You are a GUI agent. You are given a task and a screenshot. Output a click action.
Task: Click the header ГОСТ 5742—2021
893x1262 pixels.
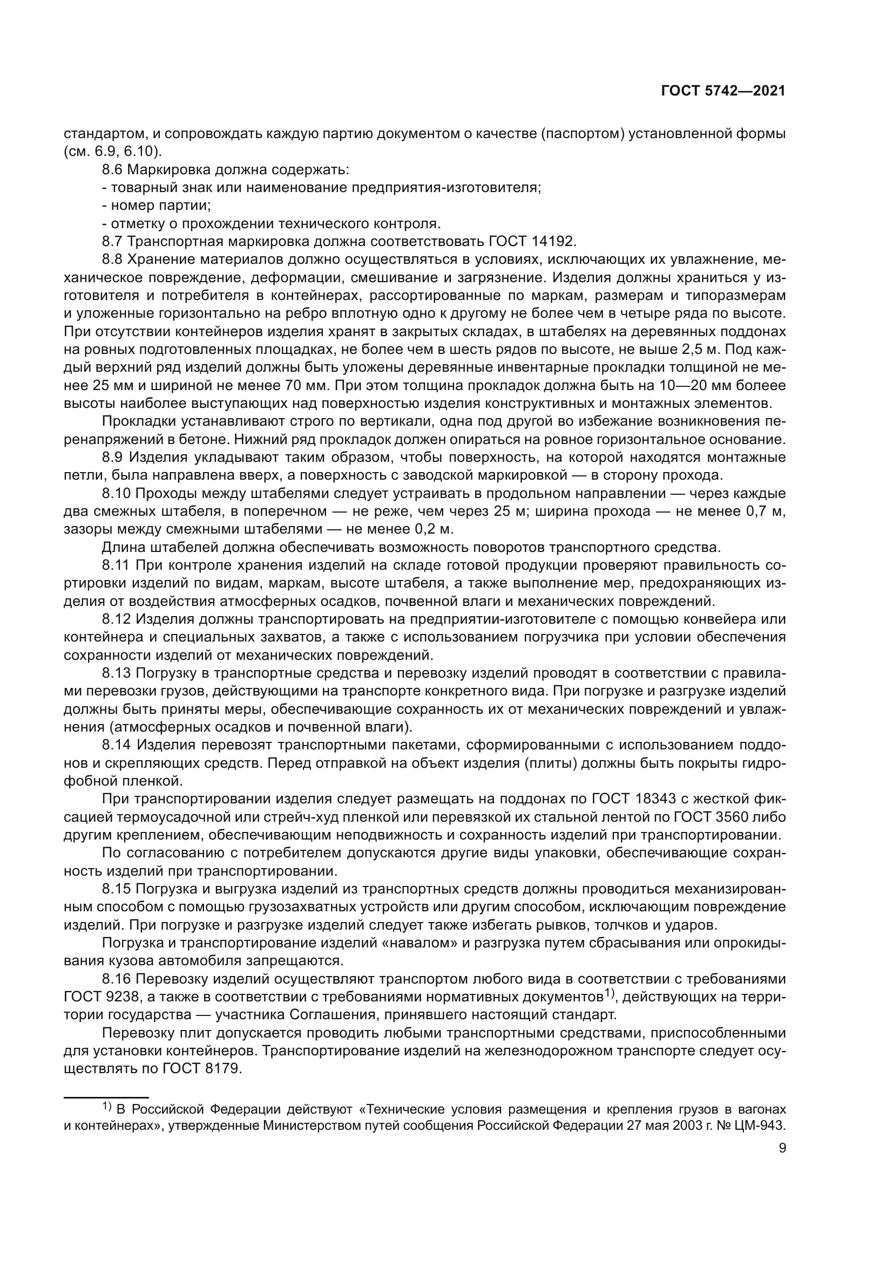tap(722, 91)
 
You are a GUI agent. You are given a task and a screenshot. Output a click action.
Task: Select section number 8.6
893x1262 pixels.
tap(113, 169)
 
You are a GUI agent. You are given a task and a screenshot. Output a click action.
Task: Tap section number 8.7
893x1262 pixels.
tap(113, 241)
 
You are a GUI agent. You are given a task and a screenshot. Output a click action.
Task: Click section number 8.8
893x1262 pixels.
tap(113, 260)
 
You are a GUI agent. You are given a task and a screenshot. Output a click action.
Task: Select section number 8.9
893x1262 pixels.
tap(113, 458)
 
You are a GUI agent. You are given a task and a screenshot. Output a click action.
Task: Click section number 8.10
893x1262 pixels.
tap(117, 493)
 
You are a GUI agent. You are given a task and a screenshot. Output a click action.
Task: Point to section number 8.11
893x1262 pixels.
tap(116, 565)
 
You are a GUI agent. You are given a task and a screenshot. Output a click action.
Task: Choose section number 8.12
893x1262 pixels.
tap(117, 619)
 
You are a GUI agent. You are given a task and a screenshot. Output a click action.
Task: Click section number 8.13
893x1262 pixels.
tap(117, 673)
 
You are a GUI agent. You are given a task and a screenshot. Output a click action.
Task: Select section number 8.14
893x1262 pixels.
tap(117, 745)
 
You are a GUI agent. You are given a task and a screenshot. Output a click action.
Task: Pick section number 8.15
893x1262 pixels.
tap(117, 889)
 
